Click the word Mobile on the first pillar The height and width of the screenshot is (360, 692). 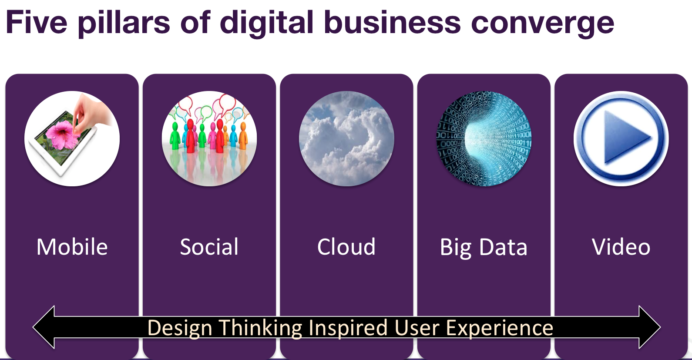coord(72,247)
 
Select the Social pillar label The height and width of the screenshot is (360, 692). coord(209,247)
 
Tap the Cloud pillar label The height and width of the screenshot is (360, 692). coord(346,247)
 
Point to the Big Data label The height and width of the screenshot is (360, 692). coord(484,248)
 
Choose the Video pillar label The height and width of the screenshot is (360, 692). coord(621,247)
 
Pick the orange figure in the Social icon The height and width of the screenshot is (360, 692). coord(243,136)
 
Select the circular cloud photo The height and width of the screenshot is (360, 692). coord(346,138)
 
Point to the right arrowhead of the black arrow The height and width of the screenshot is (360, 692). coord(650,327)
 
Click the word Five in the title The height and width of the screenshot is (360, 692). coord(37,22)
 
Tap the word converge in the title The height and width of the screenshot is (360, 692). coord(542,25)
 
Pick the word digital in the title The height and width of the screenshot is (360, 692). coord(267,24)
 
